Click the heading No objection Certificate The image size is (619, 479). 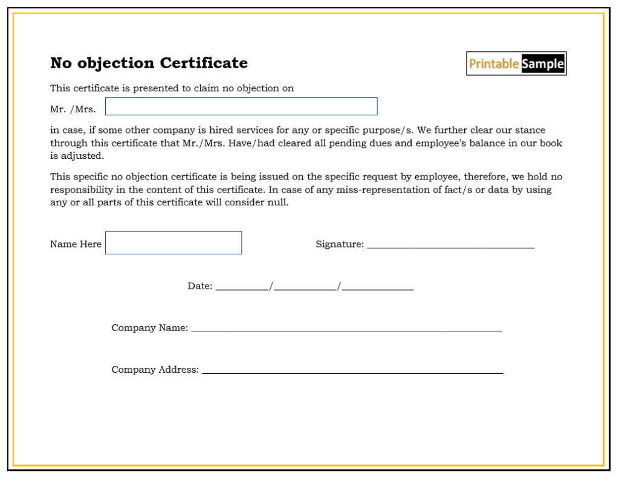click(149, 63)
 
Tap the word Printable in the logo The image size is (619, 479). click(494, 63)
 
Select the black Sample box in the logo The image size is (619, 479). click(543, 63)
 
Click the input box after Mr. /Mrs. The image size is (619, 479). click(241, 106)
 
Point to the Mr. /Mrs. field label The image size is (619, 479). click(73, 110)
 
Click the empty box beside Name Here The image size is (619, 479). click(173, 243)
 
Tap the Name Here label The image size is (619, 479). click(76, 244)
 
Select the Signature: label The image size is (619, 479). click(340, 244)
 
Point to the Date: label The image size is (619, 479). click(200, 286)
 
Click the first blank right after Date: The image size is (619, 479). click(242, 288)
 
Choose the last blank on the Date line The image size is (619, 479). click(378, 288)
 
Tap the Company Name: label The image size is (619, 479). click(150, 328)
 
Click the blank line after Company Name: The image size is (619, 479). click(346, 330)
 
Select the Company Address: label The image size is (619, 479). click(155, 370)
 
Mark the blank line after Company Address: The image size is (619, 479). click(352, 371)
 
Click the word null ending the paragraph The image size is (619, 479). click(279, 203)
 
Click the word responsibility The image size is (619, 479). click(82, 190)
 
